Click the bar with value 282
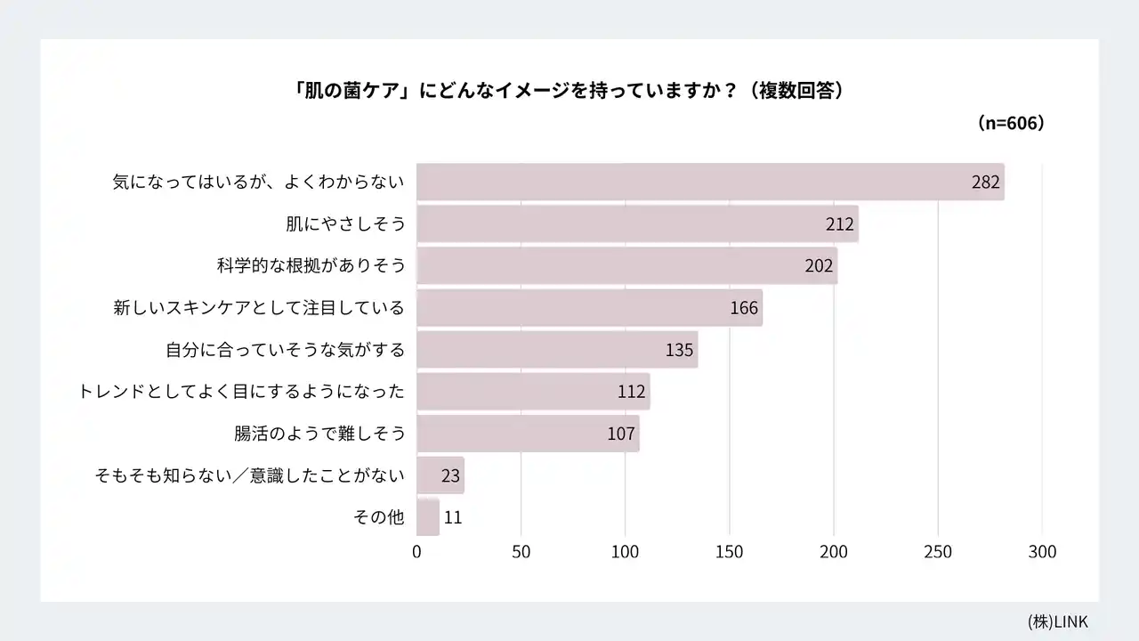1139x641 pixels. pyautogui.click(x=710, y=182)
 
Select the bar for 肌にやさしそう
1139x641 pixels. pyautogui.click(x=637, y=223)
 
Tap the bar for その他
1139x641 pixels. pyautogui.click(x=428, y=517)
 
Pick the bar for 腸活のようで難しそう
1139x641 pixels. pyautogui.click(x=528, y=434)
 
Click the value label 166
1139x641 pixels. pyautogui.click(x=743, y=308)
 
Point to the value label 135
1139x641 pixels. pyautogui.click(x=679, y=350)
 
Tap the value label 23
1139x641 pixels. pyautogui.click(x=450, y=475)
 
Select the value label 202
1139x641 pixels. pyautogui.click(x=818, y=266)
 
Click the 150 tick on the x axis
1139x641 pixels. pyautogui.click(x=730, y=552)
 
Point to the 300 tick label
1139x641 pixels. pyautogui.click(x=1042, y=552)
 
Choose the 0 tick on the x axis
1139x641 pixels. pyautogui.click(x=416, y=552)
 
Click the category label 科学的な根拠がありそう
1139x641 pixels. pyautogui.click(x=311, y=265)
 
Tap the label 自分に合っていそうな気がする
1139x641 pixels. pyautogui.click(x=285, y=350)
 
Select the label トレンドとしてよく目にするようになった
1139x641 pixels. pyautogui.click(x=241, y=392)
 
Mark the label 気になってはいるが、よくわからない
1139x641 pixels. pyautogui.click(x=259, y=183)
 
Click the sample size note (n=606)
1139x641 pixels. pyautogui.click(x=1010, y=124)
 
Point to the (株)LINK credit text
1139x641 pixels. pyautogui.click(x=1057, y=621)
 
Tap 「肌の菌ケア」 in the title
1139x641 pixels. pyautogui.click(x=352, y=91)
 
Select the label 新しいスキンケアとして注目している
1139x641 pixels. pyautogui.click(x=259, y=308)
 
